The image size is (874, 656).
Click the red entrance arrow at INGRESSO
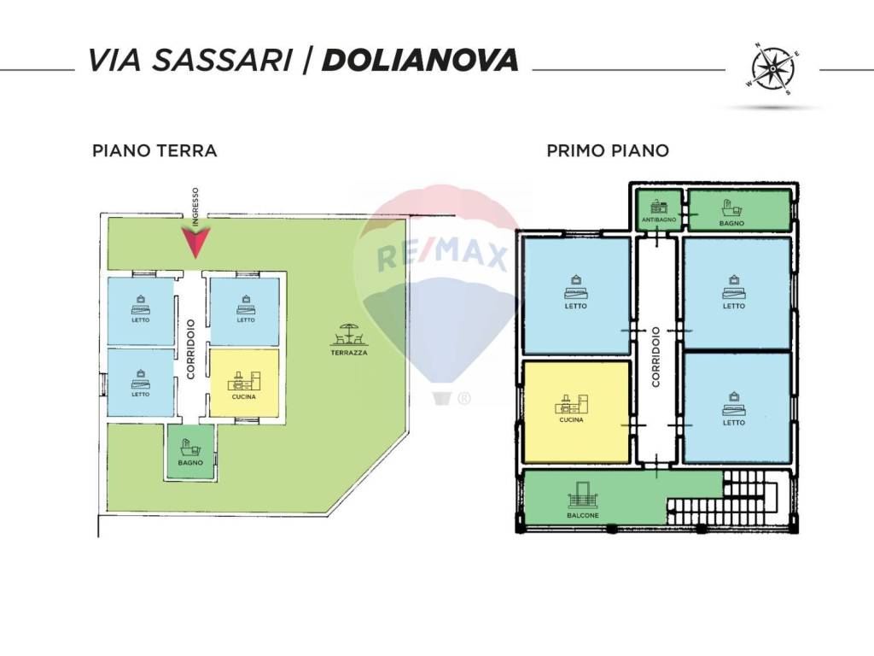pyautogui.click(x=195, y=243)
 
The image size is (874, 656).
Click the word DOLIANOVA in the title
pyautogui.click(x=421, y=60)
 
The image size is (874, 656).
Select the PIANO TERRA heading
pyautogui.click(x=154, y=151)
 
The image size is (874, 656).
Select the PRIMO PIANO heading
pyautogui.click(x=607, y=151)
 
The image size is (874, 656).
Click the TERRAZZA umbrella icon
pyautogui.click(x=348, y=333)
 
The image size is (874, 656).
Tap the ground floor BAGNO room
pyautogui.click(x=190, y=450)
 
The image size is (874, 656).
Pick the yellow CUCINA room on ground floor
pyautogui.click(x=244, y=383)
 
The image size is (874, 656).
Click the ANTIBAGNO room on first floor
pyautogui.click(x=659, y=211)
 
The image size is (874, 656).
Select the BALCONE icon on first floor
pyautogui.click(x=582, y=497)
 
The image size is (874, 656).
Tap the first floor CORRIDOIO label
pyautogui.click(x=655, y=356)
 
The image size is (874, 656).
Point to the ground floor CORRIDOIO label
pyautogui.click(x=191, y=348)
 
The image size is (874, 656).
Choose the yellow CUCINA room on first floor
pyautogui.click(x=576, y=411)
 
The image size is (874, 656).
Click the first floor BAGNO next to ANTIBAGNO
pyautogui.click(x=737, y=211)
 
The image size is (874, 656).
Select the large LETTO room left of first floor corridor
pyautogui.click(x=576, y=295)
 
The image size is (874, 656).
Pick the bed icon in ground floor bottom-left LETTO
pyautogui.click(x=140, y=379)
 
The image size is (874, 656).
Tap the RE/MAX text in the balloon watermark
pyautogui.click(x=443, y=255)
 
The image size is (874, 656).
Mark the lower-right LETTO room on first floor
pyautogui.click(x=736, y=407)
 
